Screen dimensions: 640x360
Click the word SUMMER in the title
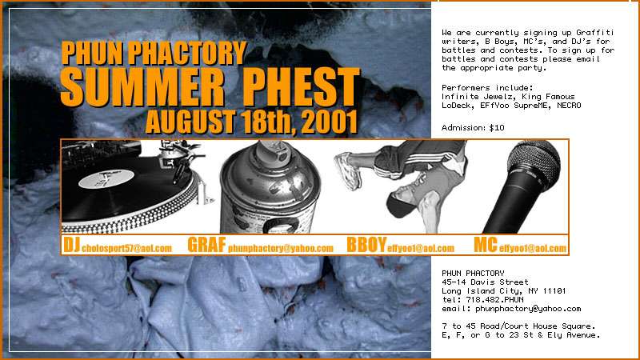point(142,86)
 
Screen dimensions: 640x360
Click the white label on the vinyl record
point(106,178)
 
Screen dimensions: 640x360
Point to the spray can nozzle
point(271,151)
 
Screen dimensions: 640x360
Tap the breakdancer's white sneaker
point(348,171)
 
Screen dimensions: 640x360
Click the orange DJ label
point(71,245)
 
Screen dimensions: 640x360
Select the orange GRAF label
point(206,245)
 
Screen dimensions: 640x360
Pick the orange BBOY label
point(366,245)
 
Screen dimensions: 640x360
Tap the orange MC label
point(486,245)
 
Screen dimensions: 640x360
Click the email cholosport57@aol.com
point(127,248)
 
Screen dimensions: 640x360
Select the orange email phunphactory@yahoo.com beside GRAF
point(281,248)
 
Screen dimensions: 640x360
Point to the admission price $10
point(497,128)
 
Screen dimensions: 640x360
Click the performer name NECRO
point(569,106)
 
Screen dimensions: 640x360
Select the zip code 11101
point(554,291)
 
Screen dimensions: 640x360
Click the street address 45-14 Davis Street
point(485,282)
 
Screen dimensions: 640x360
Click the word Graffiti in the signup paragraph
point(594,33)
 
